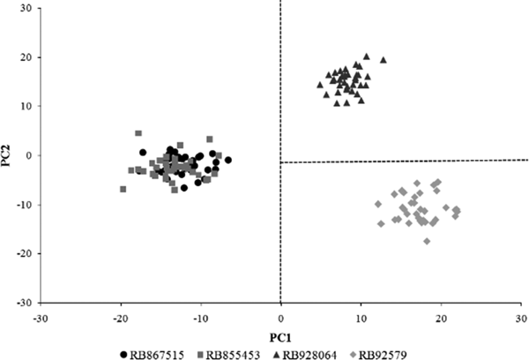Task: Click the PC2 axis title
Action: (x=10, y=156)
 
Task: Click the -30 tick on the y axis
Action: (x=25, y=303)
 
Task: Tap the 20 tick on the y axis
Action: (x=26, y=57)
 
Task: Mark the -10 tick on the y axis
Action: (x=25, y=205)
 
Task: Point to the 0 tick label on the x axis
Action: (x=280, y=317)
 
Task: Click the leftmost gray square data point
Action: (x=123, y=189)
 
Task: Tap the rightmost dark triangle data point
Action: (x=384, y=60)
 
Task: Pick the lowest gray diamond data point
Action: (x=427, y=241)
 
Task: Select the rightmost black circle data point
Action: (x=228, y=160)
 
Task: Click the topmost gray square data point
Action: (x=138, y=133)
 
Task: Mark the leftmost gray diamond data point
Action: (x=378, y=204)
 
